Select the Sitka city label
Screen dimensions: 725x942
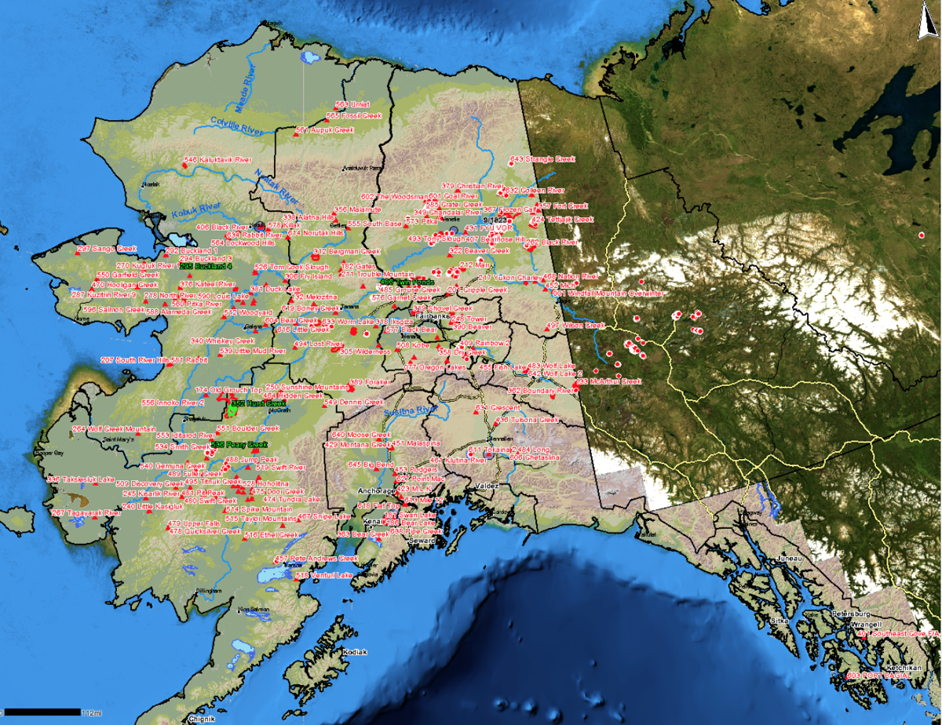tap(779, 620)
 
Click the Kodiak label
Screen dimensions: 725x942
tap(355, 652)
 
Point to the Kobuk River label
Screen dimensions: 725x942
tap(197, 209)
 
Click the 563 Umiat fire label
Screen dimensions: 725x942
tap(352, 104)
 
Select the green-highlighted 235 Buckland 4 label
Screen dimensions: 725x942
tap(206, 267)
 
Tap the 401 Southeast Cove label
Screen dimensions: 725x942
tap(903, 633)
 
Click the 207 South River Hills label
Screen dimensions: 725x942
tap(135, 360)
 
